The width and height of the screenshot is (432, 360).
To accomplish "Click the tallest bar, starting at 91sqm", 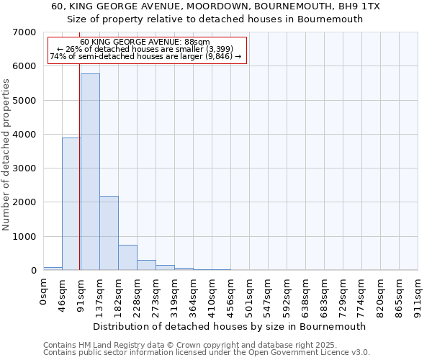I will (90, 173).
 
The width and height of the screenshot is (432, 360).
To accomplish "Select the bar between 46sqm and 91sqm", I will (71, 204).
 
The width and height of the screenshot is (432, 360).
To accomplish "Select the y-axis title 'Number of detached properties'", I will (6, 155).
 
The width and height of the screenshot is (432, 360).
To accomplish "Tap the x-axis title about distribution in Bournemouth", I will (230, 326).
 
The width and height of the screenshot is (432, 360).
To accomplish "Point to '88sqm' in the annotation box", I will (196, 42).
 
